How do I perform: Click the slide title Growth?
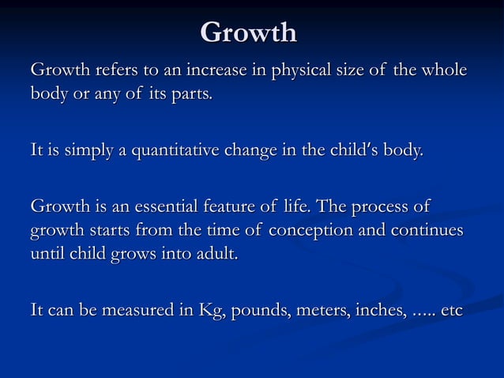pyautogui.click(x=248, y=32)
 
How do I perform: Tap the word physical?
pyautogui.click(x=299, y=72)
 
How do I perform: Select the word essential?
pyautogui.click(x=161, y=207)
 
